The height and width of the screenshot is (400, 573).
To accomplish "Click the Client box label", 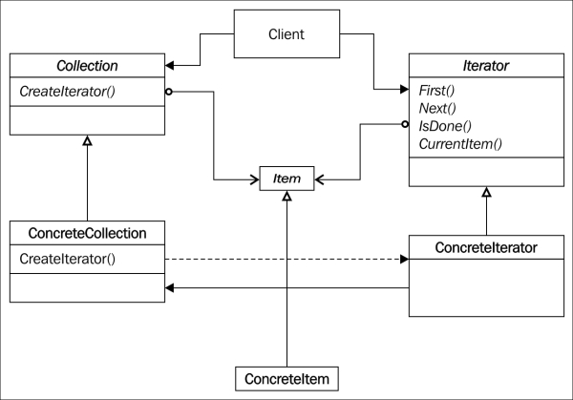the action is (x=286, y=34).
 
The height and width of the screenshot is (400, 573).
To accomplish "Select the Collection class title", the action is (x=87, y=66).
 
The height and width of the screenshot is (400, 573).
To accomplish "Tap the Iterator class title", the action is (x=486, y=66).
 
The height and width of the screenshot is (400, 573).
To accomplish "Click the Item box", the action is (x=286, y=179).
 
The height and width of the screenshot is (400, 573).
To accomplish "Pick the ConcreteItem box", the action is (x=286, y=379).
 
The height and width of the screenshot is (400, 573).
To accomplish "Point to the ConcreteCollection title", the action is (x=87, y=233).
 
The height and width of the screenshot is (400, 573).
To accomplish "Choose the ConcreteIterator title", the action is (x=486, y=247).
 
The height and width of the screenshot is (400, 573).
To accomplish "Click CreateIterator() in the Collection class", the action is (x=67, y=92).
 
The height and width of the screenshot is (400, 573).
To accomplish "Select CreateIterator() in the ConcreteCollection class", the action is (x=67, y=259).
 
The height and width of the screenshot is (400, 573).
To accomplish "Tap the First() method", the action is (x=436, y=91).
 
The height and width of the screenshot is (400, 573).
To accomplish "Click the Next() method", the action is (x=437, y=108).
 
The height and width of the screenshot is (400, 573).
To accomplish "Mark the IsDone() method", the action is (x=445, y=126).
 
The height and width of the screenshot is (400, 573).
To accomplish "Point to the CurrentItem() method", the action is (x=460, y=144).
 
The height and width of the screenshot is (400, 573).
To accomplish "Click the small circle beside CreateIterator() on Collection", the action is (x=168, y=92).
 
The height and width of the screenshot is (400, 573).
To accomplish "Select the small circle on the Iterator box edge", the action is (x=405, y=124).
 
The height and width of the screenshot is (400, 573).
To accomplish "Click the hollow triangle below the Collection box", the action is (x=87, y=140).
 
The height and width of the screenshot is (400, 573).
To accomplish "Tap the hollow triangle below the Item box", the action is (x=286, y=196).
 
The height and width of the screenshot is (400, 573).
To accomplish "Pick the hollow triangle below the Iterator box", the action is (x=486, y=192).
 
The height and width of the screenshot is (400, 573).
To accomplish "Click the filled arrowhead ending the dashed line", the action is (x=405, y=259).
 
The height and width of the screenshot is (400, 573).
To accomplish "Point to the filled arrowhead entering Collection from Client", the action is (x=170, y=66).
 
